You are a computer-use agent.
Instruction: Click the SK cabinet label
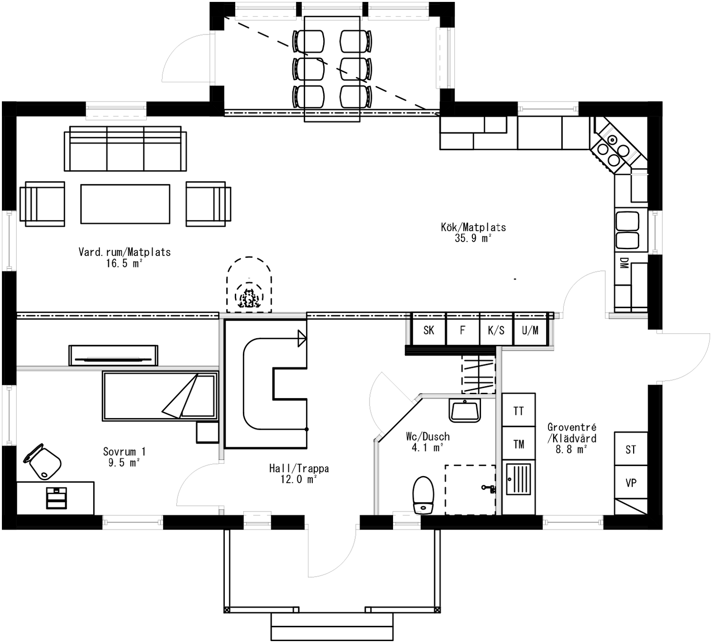[x=428, y=330]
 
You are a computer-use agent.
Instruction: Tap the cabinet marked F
[x=462, y=330]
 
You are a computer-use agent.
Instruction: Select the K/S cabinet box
[x=496, y=330]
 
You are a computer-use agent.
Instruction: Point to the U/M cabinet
[x=530, y=330]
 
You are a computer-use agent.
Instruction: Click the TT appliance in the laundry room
[x=518, y=410]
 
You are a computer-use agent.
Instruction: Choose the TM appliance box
[x=518, y=444]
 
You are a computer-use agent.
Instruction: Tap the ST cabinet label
[x=631, y=449]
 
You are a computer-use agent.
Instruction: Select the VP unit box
[x=631, y=483]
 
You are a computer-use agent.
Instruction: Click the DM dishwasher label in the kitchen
[x=624, y=263]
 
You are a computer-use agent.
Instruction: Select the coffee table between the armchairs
[x=125, y=204]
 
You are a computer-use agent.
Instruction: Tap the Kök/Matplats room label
[x=473, y=232]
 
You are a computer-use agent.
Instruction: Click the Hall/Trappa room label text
[x=299, y=474]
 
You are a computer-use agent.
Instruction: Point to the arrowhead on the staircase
[x=302, y=338]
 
